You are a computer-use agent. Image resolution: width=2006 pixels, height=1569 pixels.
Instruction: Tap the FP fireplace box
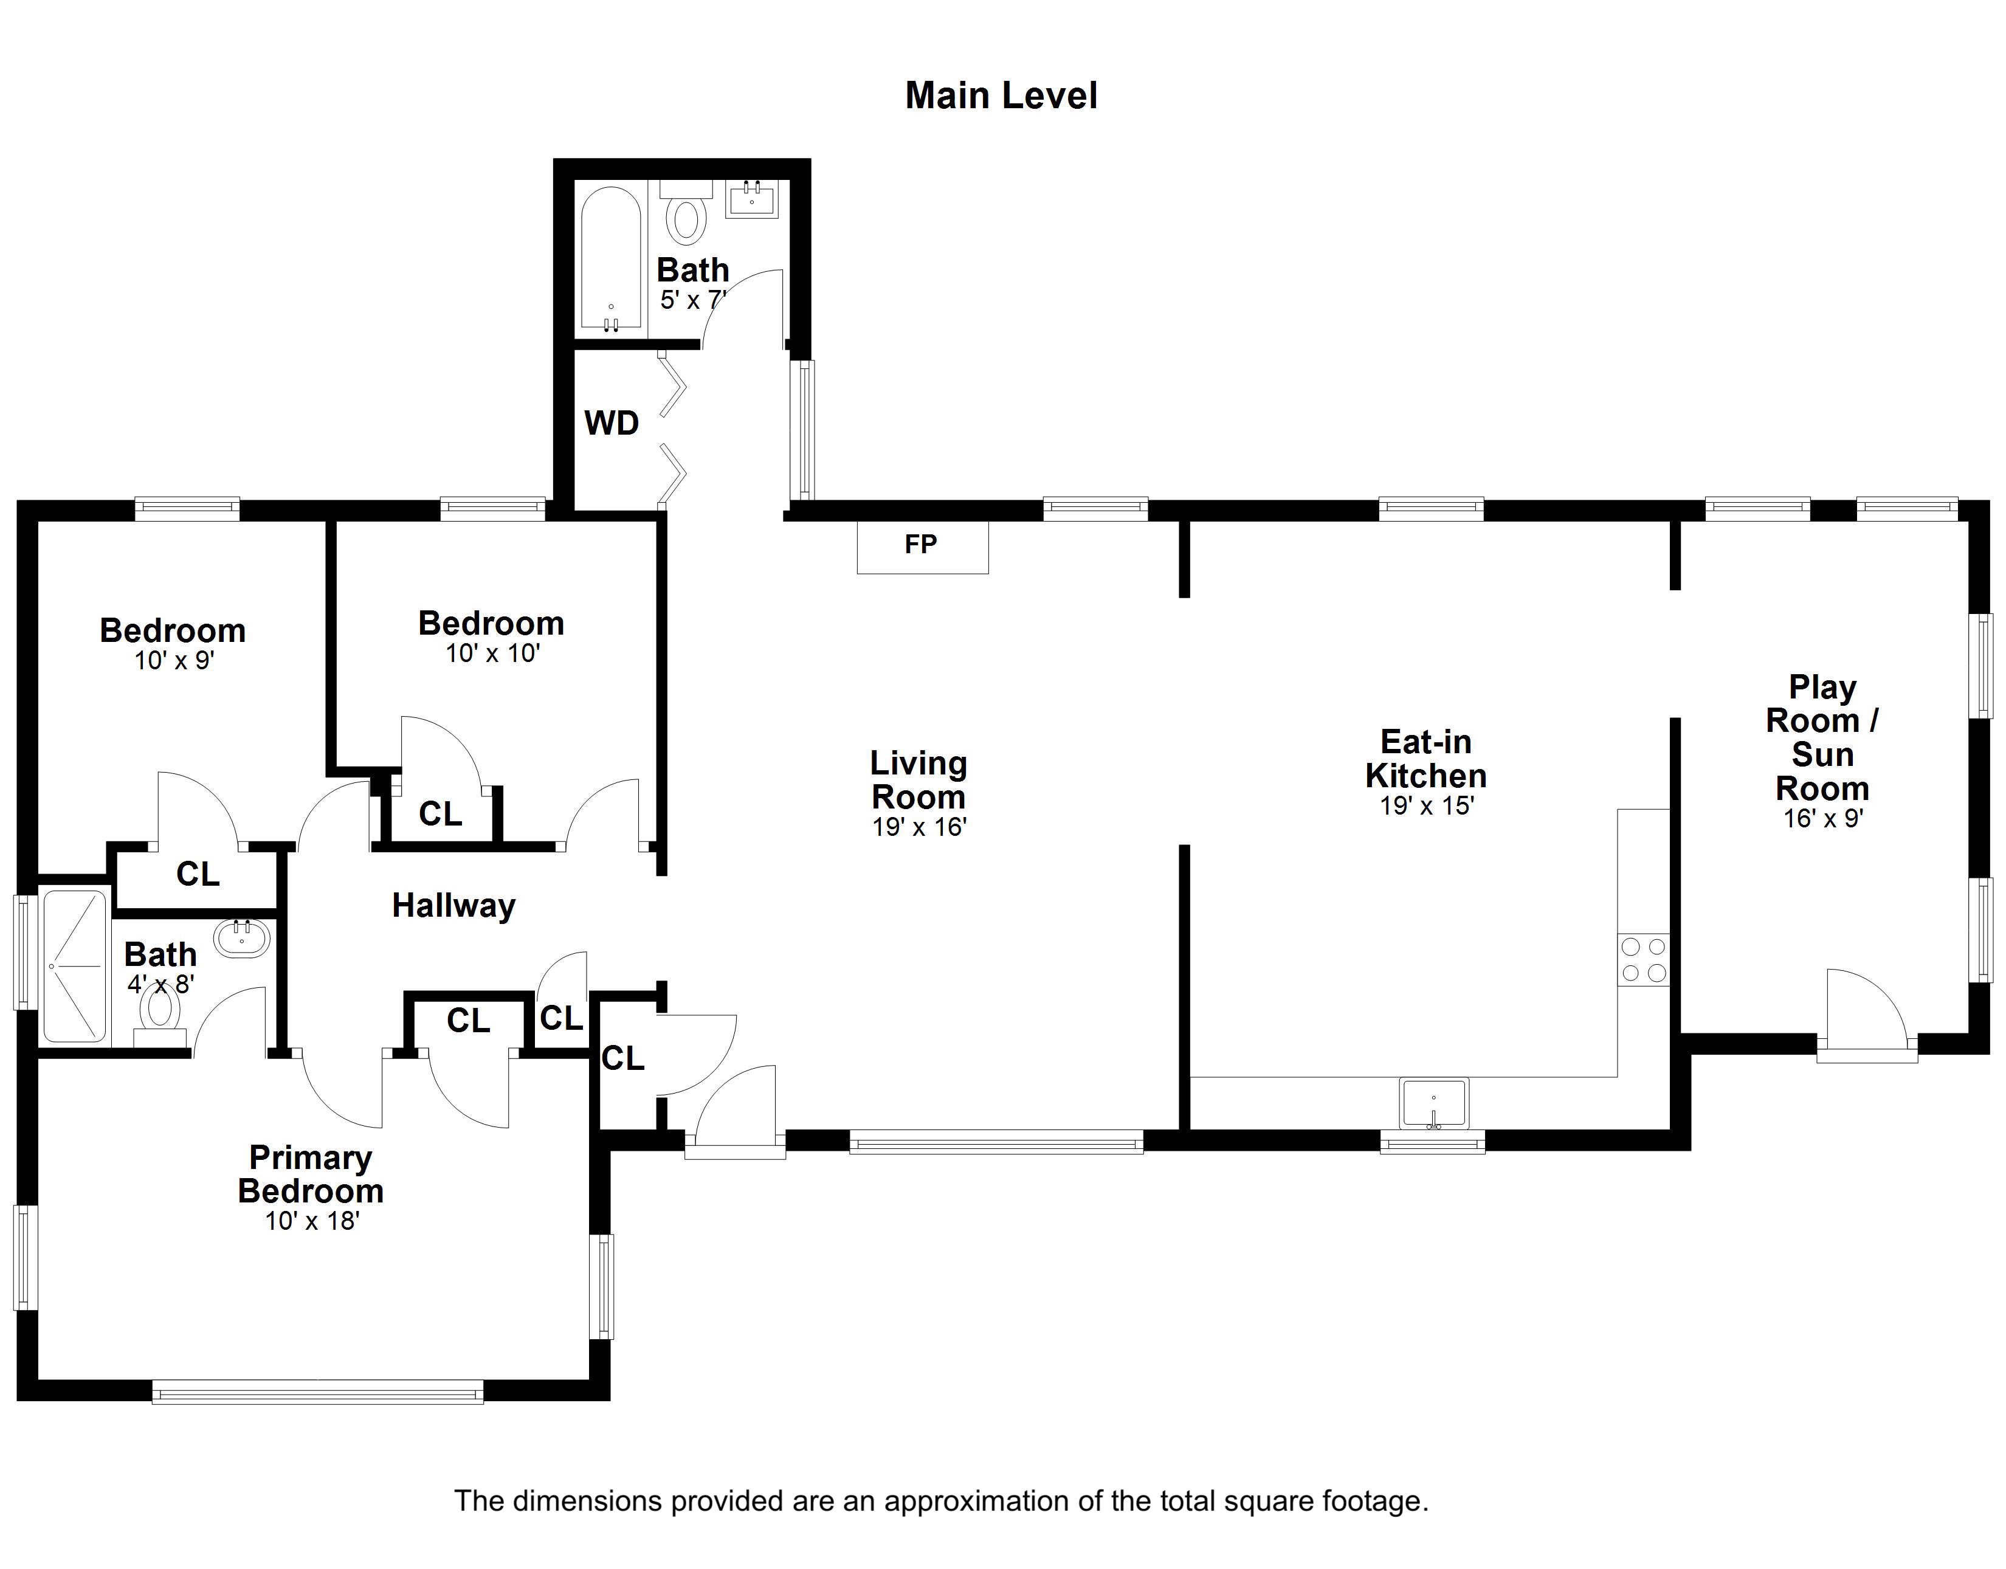point(922,546)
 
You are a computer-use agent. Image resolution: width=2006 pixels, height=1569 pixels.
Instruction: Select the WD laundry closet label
point(612,424)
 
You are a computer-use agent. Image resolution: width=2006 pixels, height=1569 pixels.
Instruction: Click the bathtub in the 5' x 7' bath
point(611,260)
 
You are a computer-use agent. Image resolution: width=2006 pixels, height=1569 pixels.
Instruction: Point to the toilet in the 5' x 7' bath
point(685,219)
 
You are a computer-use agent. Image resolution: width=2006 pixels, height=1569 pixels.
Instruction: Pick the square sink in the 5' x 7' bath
point(751,199)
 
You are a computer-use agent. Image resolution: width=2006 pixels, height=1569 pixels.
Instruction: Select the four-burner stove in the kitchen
point(1643,960)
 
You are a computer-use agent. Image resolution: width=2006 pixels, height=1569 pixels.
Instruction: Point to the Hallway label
point(453,906)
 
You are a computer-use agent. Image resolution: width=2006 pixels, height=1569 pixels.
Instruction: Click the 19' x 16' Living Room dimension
point(919,828)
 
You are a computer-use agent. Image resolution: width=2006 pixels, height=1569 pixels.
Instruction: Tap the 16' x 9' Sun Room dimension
point(1822,818)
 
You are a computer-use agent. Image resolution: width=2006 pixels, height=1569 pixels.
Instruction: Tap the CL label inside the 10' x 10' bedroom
point(440,814)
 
